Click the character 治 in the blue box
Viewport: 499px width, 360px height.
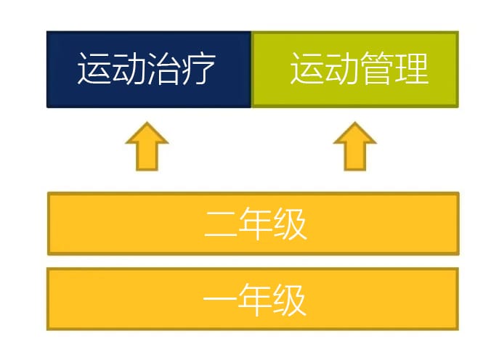coord(164,68)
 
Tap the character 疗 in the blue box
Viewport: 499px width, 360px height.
coord(198,68)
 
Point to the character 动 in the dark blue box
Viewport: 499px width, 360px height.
coord(129,68)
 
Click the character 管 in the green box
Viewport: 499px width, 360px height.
coord(377,68)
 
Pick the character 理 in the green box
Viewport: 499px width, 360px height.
coord(412,68)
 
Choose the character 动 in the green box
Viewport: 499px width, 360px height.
coord(342,68)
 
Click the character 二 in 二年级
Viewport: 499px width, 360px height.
coord(221,224)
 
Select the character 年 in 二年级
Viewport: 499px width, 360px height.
coord(255,224)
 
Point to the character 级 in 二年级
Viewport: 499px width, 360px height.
coord(290,224)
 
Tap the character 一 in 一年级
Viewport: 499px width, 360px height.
coord(220,299)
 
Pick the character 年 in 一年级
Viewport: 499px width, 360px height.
coord(255,300)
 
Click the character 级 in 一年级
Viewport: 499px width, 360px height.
coord(289,300)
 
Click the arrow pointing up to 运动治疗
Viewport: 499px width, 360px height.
coord(147,147)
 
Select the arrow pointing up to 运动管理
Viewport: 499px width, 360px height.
coord(355,147)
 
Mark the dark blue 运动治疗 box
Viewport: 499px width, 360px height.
coord(149,70)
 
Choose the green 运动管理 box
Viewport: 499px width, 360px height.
coord(355,70)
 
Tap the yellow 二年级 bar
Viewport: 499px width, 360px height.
coord(253,224)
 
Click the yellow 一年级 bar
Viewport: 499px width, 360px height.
coord(253,299)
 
